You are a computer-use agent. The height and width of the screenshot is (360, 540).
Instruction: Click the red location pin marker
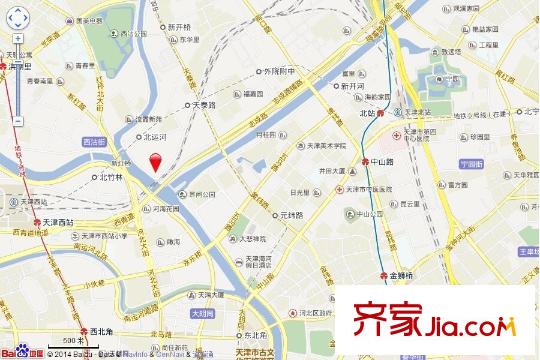[154, 164]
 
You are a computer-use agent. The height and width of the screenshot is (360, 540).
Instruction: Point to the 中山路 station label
[412, 158]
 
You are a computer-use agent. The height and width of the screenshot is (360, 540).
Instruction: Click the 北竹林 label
[110, 177]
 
